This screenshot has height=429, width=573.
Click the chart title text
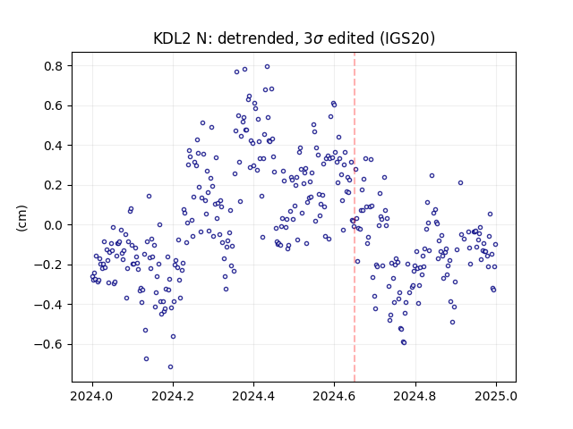click(x=295, y=38)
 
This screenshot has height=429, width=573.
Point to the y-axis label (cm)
click(x=21, y=218)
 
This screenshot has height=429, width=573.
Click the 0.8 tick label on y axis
click(x=54, y=66)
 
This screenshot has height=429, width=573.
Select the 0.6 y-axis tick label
click(x=54, y=105)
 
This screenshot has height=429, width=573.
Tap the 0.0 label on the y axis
click(x=54, y=225)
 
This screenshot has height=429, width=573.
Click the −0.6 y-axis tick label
click(x=49, y=344)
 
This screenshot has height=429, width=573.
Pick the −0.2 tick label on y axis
click(x=49, y=265)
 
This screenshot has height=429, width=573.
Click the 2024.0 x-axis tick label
click(x=92, y=396)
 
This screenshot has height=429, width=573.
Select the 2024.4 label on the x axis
click(x=253, y=396)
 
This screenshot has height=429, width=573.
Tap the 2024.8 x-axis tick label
click(x=415, y=396)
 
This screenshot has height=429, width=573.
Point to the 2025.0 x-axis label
click(x=496, y=396)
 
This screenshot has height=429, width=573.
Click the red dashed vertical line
click(x=355, y=217)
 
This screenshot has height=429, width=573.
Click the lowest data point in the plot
click(x=170, y=367)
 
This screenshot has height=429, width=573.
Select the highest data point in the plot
click(x=267, y=67)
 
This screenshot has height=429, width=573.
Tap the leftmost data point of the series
click(x=92, y=277)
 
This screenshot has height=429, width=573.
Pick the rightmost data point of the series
click(x=495, y=244)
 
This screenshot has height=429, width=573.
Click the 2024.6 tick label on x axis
click(x=334, y=396)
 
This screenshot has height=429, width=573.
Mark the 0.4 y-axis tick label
click(x=54, y=146)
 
